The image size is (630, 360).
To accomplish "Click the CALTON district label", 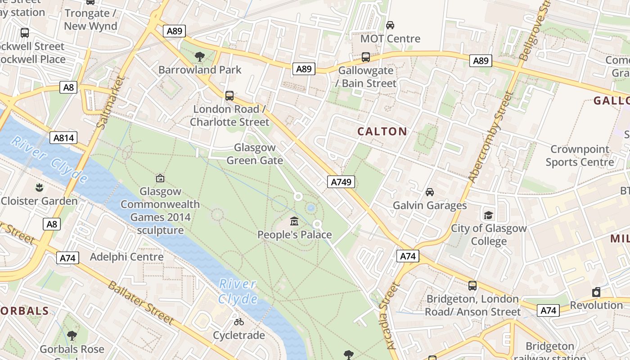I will point(382,131).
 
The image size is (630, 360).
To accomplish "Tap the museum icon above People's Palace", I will point(294,221).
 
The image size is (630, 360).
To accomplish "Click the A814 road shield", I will point(63,138).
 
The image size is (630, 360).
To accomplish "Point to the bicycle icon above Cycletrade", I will point(239,322).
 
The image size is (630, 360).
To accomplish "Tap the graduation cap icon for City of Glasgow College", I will point(488,215).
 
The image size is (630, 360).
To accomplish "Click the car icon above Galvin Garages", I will point(430,192).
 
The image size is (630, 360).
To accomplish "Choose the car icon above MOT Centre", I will point(390,25).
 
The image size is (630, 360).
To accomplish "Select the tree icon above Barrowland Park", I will point(199,56).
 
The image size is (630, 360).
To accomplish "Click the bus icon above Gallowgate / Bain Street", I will point(366,57).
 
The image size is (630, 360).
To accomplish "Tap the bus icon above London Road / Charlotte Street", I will point(229,95).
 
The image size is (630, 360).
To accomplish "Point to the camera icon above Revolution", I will point(596,292).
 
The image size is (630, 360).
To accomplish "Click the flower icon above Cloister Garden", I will point(39,187).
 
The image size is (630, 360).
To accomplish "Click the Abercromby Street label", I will point(491,137).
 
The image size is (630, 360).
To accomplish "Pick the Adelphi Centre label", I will point(126,257).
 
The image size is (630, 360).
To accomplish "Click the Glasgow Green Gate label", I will point(255,154).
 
